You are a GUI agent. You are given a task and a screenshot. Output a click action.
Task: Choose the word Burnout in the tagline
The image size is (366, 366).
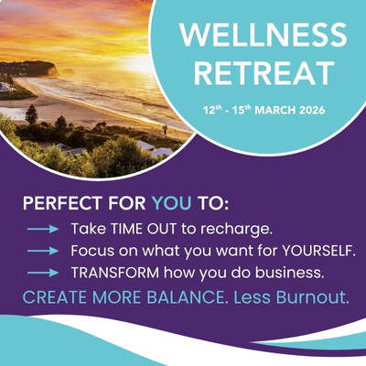click(x=311, y=298)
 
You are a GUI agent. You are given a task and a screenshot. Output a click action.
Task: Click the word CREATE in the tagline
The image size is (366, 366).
click(x=53, y=298)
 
